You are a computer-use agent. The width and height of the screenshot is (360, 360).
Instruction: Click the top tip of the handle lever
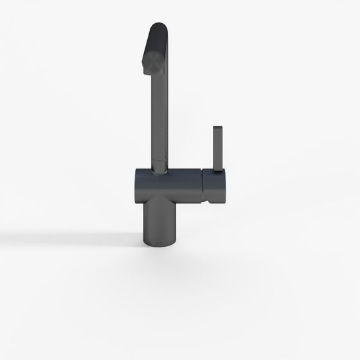point(217,127)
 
